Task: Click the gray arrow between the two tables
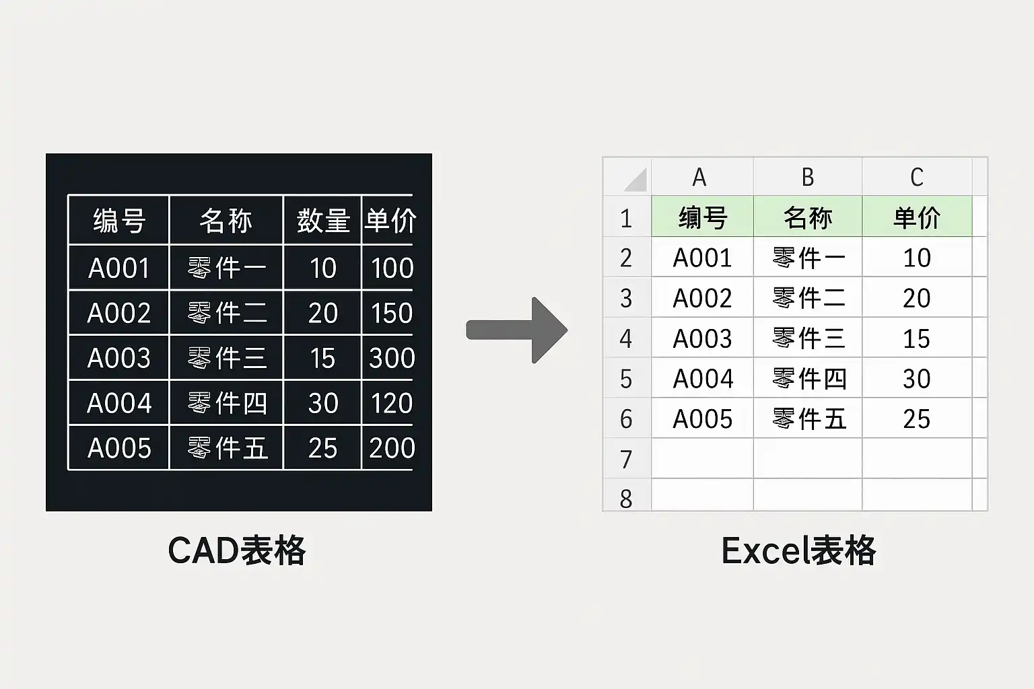(x=517, y=330)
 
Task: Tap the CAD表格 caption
(x=236, y=550)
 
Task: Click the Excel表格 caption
(x=798, y=550)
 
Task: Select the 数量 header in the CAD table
(x=323, y=221)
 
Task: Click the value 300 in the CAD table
(x=392, y=358)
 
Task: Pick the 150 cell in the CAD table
(x=392, y=313)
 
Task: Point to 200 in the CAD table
(x=392, y=448)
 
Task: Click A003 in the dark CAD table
(x=119, y=358)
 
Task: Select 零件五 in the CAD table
(x=228, y=448)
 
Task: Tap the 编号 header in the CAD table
(x=119, y=221)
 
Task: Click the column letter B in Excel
(x=808, y=178)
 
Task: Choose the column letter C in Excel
(x=917, y=178)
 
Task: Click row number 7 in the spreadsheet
(x=627, y=460)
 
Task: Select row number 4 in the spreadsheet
(x=627, y=338)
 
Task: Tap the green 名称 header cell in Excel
(x=808, y=217)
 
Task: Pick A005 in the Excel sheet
(x=703, y=419)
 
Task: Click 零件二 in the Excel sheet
(x=808, y=298)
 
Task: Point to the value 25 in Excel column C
(x=917, y=419)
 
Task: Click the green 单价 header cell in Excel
(x=917, y=217)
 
